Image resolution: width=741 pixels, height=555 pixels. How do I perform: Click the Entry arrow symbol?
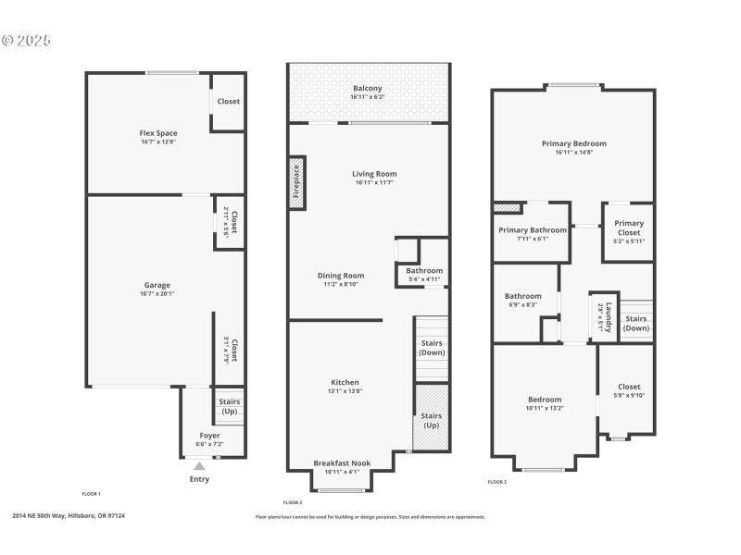(x=199, y=467)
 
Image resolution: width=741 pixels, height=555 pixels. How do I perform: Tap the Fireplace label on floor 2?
(x=297, y=181)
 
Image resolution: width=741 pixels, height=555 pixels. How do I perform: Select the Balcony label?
(x=367, y=88)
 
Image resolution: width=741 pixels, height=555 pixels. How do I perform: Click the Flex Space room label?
(x=158, y=133)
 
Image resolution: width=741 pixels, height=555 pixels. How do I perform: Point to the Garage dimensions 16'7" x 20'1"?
(x=157, y=294)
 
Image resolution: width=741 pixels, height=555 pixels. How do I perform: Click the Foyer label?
(x=209, y=435)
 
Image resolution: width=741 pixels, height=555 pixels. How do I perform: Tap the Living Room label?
(x=374, y=173)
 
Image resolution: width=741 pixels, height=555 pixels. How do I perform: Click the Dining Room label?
(x=341, y=275)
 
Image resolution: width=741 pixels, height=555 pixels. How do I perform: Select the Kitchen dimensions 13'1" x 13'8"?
(x=345, y=392)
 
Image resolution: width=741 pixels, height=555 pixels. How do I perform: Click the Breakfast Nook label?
(x=342, y=462)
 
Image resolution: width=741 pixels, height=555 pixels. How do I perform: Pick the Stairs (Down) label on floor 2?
(x=432, y=348)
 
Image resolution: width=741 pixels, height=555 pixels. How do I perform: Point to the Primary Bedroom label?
(x=574, y=143)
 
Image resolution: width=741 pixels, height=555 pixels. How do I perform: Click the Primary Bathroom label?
(x=533, y=229)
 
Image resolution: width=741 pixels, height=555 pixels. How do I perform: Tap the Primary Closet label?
(x=629, y=228)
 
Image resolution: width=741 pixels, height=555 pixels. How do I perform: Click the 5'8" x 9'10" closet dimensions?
(x=629, y=396)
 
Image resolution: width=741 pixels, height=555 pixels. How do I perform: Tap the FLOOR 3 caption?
(x=497, y=482)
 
